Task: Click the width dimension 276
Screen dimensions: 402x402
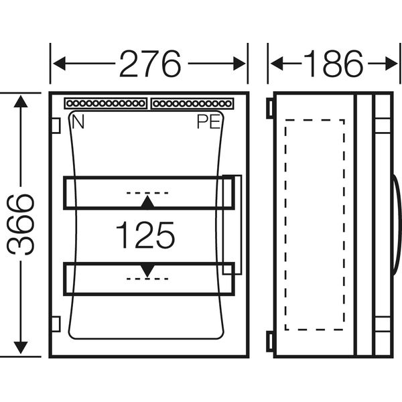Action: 150,64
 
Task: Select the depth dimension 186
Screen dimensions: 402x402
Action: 333,64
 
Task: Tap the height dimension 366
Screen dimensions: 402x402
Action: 21,224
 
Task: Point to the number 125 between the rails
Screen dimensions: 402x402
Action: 145,235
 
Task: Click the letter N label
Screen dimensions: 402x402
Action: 78,122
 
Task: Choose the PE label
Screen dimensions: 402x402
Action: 208,122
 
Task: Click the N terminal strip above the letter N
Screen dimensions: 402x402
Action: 105,104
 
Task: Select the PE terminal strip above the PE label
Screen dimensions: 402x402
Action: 192,104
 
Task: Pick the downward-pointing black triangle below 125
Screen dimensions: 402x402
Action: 147,271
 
